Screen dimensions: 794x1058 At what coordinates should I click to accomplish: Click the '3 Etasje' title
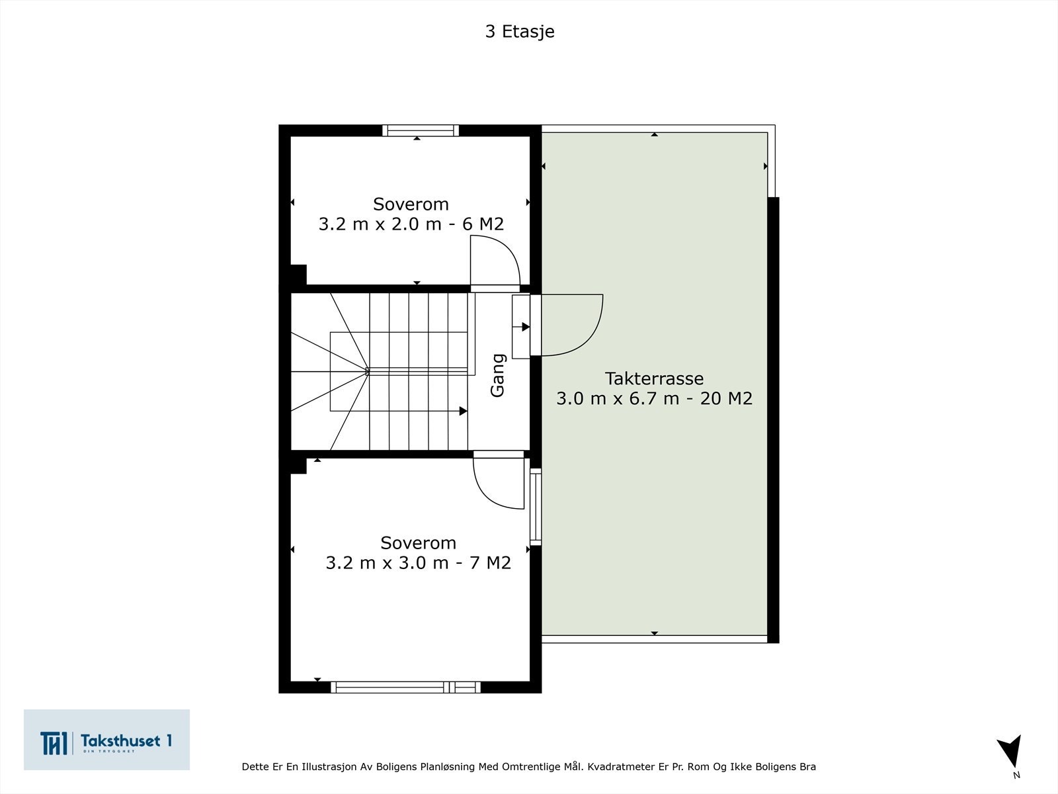click(x=519, y=32)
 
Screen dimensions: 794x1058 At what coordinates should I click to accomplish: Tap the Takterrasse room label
click(x=654, y=378)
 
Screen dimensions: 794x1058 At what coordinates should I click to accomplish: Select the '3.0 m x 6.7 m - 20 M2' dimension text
click(x=654, y=398)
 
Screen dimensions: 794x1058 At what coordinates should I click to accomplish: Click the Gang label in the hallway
click(x=497, y=375)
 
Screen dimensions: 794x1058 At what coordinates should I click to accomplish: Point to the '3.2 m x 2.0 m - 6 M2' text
click(x=411, y=224)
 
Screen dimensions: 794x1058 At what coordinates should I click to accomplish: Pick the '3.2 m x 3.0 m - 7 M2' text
click(x=418, y=562)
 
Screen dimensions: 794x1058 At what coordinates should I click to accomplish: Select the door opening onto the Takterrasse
click(x=569, y=324)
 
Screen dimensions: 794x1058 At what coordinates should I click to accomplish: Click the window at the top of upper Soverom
click(x=420, y=130)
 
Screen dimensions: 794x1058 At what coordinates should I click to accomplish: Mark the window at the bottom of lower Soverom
click(x=405, y=687)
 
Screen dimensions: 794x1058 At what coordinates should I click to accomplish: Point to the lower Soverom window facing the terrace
click(x=536, y=506)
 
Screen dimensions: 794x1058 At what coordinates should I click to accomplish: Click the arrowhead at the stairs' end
click(x=464, y=411)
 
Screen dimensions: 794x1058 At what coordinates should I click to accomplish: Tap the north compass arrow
click(x=1011, y=752)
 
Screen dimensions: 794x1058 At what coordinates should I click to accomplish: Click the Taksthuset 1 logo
click(x=106, y=740)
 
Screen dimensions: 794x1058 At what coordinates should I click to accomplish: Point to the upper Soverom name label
click(x=411, y=204)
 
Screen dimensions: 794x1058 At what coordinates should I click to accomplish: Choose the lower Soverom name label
click(x=418, y=543)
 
